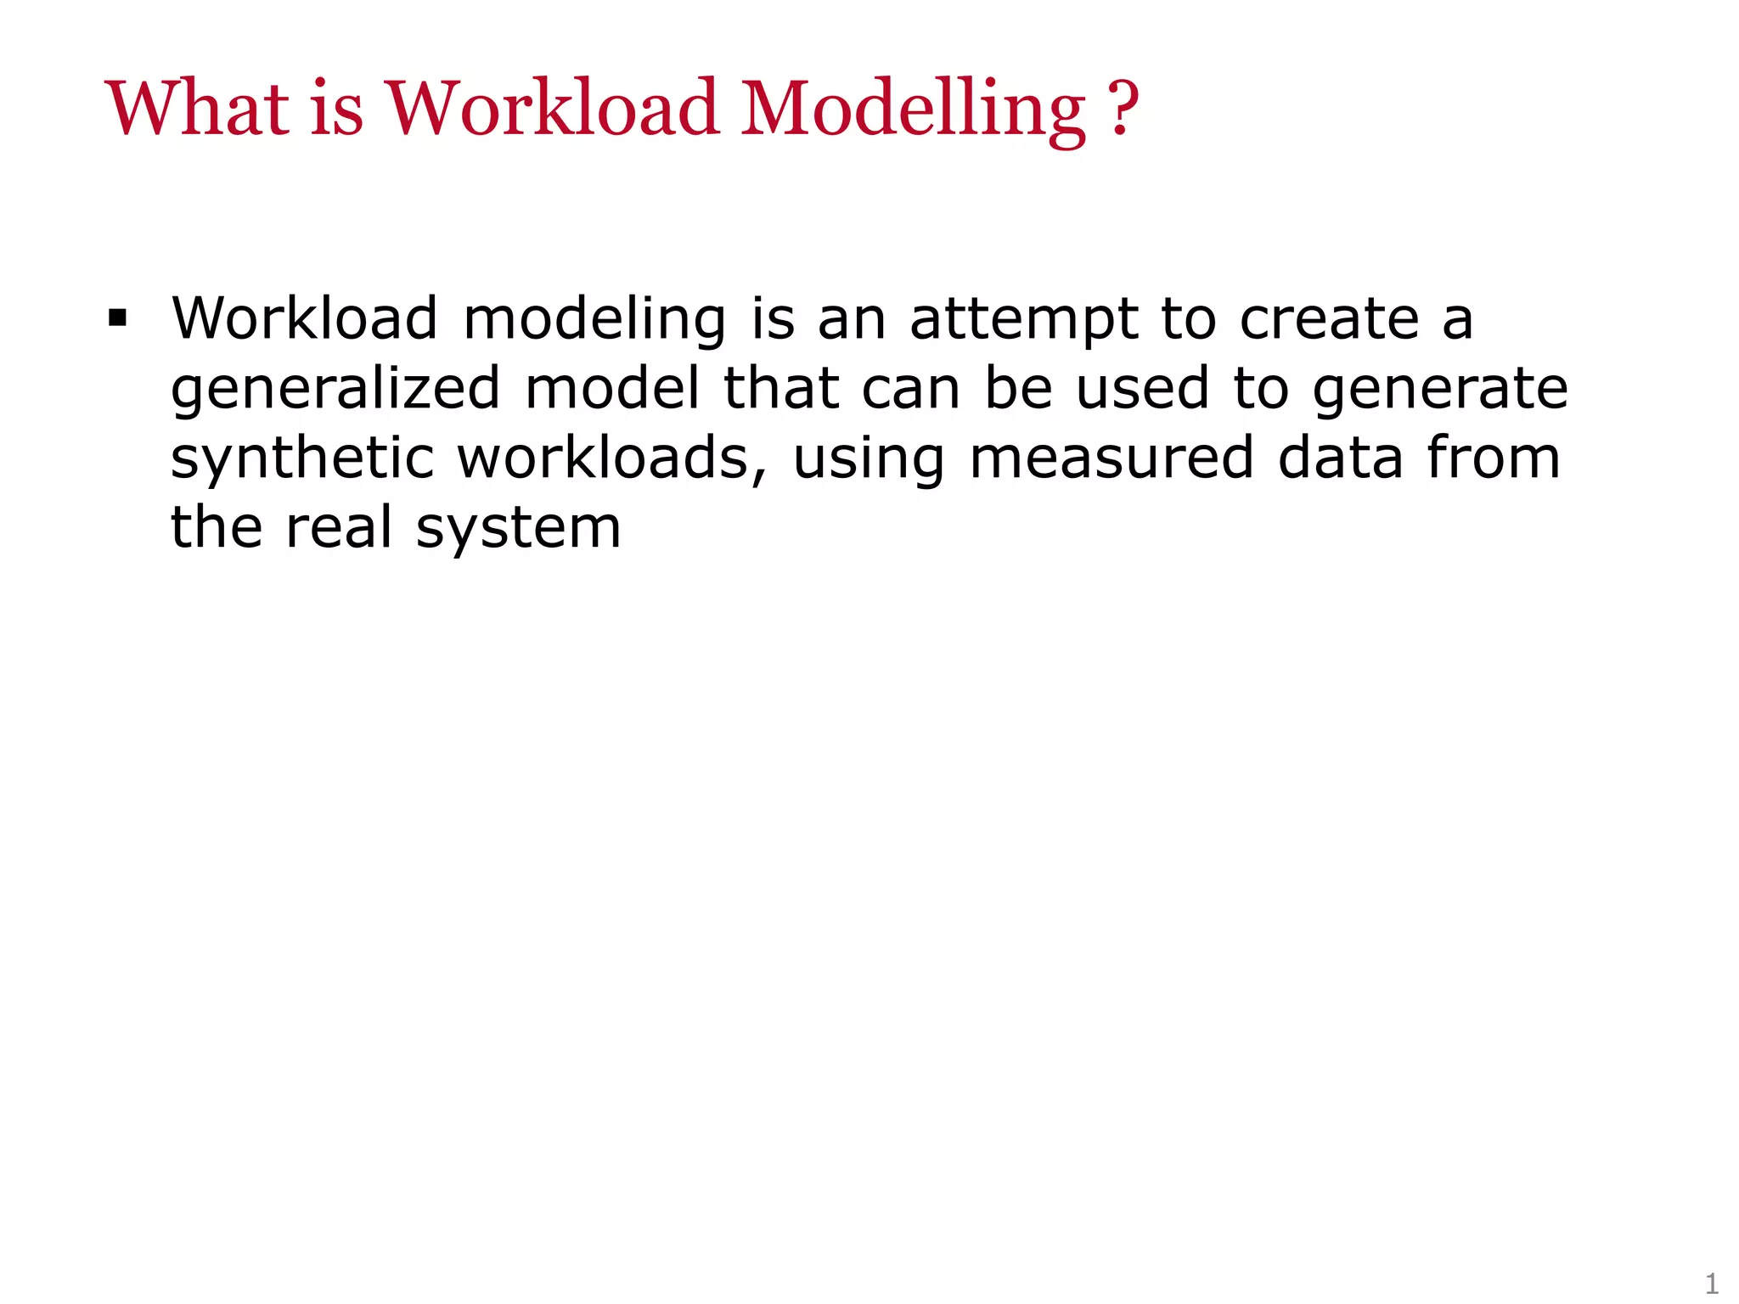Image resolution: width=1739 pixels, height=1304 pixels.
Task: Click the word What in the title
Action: [x=196, y=108]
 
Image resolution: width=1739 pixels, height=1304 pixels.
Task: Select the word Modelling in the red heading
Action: [x=913, y=110]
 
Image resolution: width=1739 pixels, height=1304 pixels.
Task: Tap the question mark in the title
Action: [x=1123, y=108]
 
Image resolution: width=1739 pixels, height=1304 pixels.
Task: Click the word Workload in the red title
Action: [x=553, y=108]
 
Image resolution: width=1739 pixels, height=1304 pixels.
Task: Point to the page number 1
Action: [x=1712, y=1282]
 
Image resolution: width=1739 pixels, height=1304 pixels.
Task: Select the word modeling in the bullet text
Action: [x=594, y=319]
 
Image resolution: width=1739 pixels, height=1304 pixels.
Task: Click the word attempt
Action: [x=1023, y=321]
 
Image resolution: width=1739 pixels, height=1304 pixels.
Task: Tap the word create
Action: [x=1329, y=319]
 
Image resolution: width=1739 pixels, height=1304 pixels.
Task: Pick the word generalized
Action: [x=335, y=390]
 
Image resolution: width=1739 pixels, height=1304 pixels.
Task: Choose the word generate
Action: [x=1440, y=390]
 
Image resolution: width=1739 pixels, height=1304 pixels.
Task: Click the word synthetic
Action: [x=302, y=459]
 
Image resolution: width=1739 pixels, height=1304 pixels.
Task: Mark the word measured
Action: [x=1111, y=458]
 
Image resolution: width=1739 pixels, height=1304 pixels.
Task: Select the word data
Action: [x=1340, y=458]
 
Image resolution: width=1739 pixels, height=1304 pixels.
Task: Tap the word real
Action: [x=339, y=527]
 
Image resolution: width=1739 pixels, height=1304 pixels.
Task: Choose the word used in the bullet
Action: [x=1142, y=389]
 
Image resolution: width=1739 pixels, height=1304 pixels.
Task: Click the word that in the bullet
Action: [x=781, y=389]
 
